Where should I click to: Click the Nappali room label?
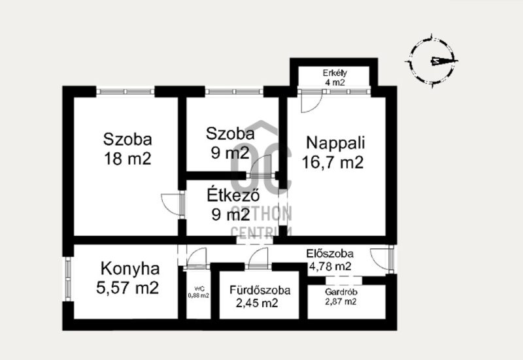[x=335, y=143]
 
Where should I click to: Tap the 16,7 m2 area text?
[x=333, y=163]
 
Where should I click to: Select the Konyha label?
[x=130, y=269]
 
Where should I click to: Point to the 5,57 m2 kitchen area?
[x=127, y=287]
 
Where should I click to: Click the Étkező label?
[x=233, y=195]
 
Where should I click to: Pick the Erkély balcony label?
[x=335, y=73]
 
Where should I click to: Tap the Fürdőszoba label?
[x=260, y=290]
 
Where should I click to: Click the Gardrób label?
[x=341, y=292]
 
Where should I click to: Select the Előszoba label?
[x=330, y=254]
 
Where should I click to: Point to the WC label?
[x=199, y=289]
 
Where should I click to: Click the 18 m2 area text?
[x=127, y=159]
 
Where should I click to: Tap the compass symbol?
[x=432, y=61]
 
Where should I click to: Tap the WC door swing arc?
[x=197, y=257]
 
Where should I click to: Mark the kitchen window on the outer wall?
[x=68, y=279]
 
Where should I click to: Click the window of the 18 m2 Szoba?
[x=126, y=91]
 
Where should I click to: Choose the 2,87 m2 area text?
[x=341, y=302]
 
